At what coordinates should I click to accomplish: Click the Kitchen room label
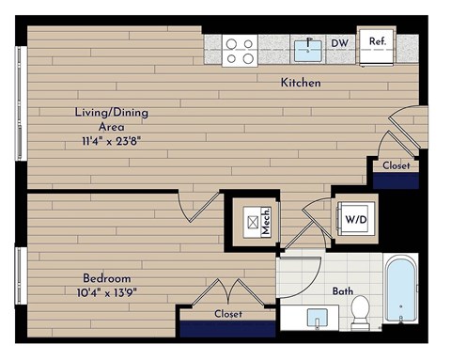coord(301,83)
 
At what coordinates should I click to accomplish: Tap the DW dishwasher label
coord(340,42)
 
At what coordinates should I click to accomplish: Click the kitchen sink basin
coord(307,46)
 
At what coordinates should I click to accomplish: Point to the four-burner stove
coord(240,50)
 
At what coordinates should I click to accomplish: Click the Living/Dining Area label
coord(112,118)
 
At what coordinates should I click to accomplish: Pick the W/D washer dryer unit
coord(355,221)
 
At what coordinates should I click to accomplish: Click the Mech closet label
coord(266,222)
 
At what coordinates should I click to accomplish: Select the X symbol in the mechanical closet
coord(251,223)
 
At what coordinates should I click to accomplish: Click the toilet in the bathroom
coord(361,312)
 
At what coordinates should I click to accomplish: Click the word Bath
coord(343,290)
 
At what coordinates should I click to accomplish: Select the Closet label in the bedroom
coord(228,314)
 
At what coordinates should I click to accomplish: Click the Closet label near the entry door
coord(396,165)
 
